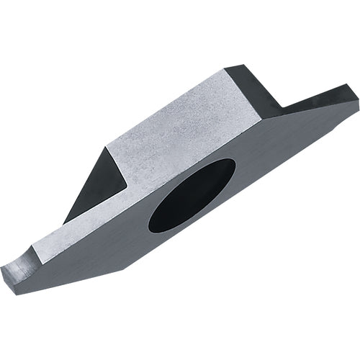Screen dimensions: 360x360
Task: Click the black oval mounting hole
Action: (x=192, y=195)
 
